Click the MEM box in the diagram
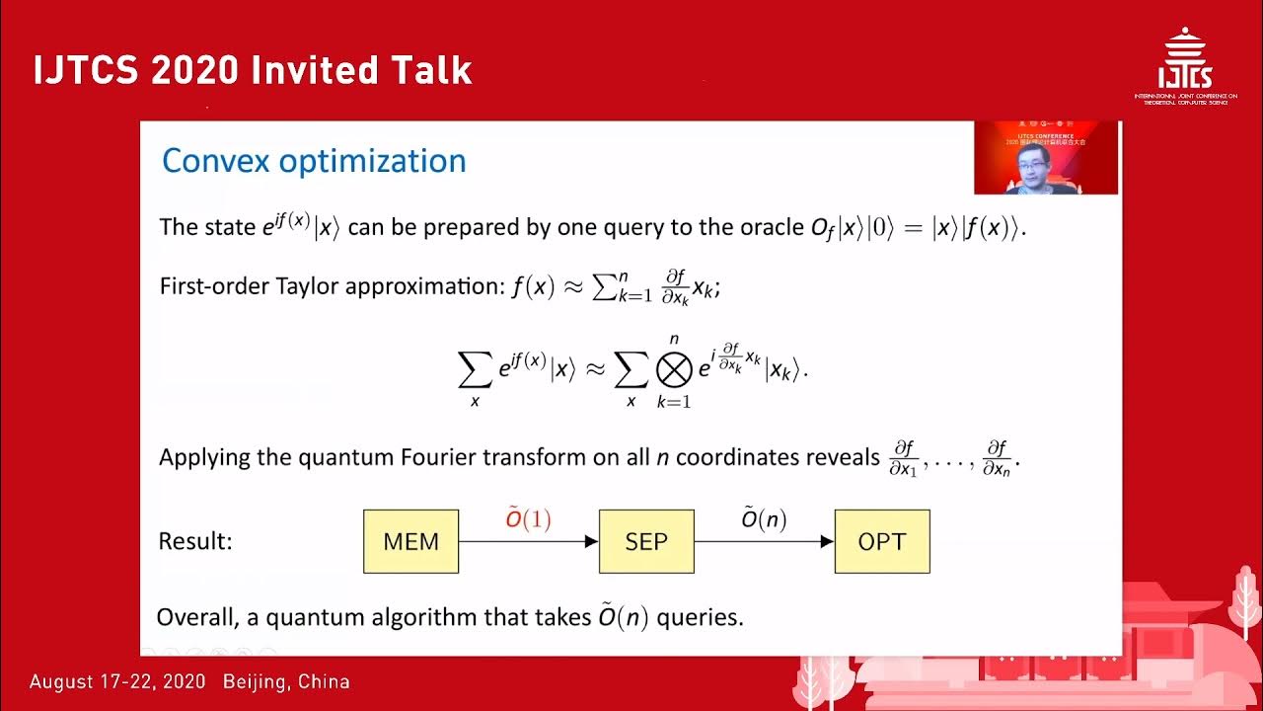tap(410, 541)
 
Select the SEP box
tap(646, 541)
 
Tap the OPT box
tap(881, 541)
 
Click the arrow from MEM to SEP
tap(528, 541)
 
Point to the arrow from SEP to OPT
tap(764, 541)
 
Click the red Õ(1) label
tap(528, 519)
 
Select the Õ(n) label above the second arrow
tap(764, 519)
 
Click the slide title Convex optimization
tap(313, 161)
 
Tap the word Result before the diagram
tap(194, 541)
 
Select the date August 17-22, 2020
tap(117, 682)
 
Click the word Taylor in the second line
tap(306, 287)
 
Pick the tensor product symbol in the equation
tap(675, 369)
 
